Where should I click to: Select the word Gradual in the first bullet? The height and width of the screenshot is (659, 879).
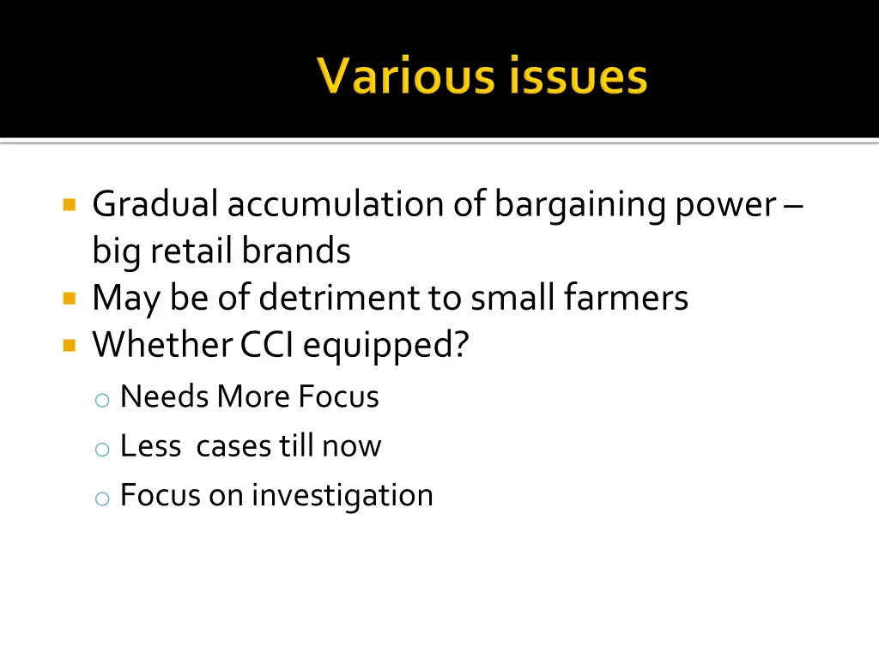155,205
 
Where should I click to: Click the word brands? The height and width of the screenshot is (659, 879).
296,251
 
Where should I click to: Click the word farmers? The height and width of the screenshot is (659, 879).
626,298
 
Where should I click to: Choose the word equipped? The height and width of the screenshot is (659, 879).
386,346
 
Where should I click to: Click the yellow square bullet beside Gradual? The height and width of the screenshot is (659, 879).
70,205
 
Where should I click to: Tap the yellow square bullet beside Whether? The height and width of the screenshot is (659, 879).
70,345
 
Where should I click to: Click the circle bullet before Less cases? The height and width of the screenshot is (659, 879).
102,449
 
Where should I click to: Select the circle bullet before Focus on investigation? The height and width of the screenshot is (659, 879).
102,499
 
